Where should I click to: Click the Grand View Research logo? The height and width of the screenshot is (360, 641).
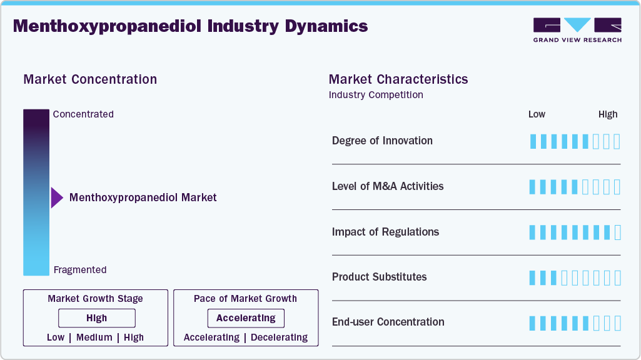[x=577, y=29]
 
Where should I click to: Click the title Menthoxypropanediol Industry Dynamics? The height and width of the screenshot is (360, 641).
[x=190, y=26]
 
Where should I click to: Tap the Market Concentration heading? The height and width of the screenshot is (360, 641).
[x=90, y=79]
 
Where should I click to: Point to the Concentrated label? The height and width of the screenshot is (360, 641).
[x=83, y=114]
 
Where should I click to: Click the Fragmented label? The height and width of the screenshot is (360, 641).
[x=80, y=270]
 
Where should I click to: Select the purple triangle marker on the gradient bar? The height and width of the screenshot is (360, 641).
[x=57, y=197]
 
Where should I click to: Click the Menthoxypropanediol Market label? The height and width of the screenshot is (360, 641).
[x=143, y=197]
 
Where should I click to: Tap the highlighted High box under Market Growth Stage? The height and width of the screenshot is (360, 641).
[x=97, y=318]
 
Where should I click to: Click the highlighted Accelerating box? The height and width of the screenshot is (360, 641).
[x=246, y=318]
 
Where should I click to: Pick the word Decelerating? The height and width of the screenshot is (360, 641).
[x=280, y=337]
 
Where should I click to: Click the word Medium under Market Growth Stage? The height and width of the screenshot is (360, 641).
[x=94, y=337]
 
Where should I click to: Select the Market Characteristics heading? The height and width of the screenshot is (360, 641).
[x=398, y=79]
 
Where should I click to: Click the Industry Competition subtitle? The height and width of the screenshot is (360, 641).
[x=376, y=95]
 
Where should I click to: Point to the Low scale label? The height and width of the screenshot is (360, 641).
[x=537, y=114]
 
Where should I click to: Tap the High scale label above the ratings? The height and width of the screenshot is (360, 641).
[x=608, y=114]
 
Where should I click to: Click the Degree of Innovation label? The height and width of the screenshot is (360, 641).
[x=382, y=141]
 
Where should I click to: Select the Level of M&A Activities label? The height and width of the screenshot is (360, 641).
[x=388, y=186]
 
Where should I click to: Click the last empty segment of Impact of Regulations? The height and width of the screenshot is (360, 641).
[x=618, y=232]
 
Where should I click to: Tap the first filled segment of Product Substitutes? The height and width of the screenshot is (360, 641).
[x=533, y=277]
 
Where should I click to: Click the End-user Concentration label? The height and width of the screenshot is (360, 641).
[x=388, y=322]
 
